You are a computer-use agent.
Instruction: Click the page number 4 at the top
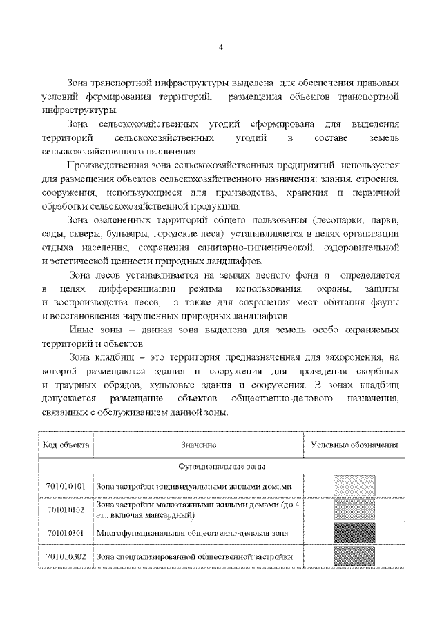pyautogui.click(x=220, y=48)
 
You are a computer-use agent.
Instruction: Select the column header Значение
pyautogui.click(x=199, y=445)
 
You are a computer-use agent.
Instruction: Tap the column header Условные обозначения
pyautogui.click(x=354, y=445)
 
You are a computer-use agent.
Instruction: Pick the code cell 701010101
pyautogui.click(x=66, y=486)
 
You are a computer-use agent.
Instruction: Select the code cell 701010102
pyautogui.click(x=66, y=510)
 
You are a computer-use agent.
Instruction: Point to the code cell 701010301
pyautogui.click(x=66, y=533)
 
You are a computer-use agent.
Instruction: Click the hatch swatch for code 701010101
pyautogui.click(x=354, y=486)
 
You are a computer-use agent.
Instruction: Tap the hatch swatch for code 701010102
pyautogui.click(x=354, y=510)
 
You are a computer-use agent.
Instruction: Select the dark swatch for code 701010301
pyautogui.click(x=354, y=533)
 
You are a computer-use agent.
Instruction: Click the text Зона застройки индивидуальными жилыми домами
pyautogui.click(x=189, y=486)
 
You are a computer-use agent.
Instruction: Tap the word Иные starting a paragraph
pyautogui.click(x=81, y=330)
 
